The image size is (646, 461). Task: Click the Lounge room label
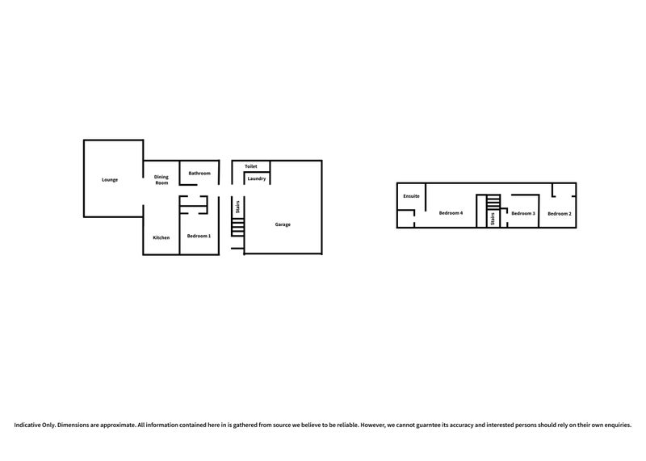click(110, 180)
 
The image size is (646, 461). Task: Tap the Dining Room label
click(161, 179)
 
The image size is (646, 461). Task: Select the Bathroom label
click(199, 174)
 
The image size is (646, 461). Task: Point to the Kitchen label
click(161, 237)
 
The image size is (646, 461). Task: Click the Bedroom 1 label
click(199, 236)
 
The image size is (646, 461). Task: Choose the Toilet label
click(251, 166)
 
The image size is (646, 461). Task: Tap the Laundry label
click(257, 178)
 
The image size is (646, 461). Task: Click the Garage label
click(283, 224)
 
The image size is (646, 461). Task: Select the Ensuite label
click(411, 196)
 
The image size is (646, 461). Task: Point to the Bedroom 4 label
click(451, 213)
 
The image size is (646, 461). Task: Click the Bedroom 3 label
click(523, 213)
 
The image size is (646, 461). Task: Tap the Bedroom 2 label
click(560, 214)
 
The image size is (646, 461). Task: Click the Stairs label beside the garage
click(237, 207)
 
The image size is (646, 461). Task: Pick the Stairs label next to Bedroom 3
click(493, 219)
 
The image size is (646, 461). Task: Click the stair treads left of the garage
click(237, 227)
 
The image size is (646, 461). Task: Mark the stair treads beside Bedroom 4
click(493, 203)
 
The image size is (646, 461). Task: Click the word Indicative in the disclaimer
click(28, 425)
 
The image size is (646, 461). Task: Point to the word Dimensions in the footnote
click(72, 425)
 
